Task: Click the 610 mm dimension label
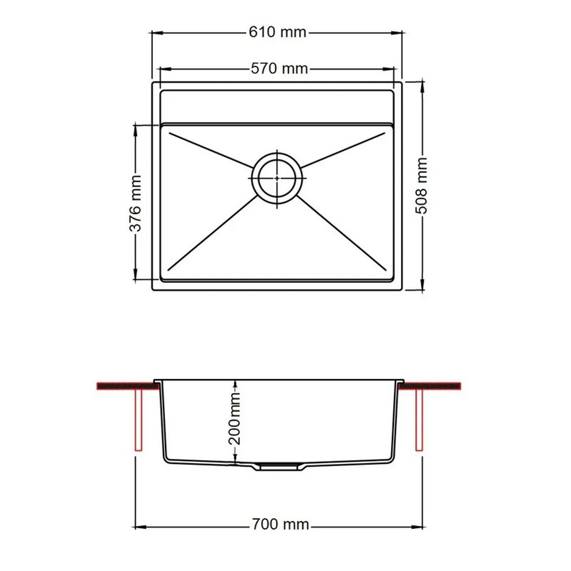coord(278,32)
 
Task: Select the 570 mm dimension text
coord(279,68)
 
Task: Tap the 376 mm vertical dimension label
coord(135,203)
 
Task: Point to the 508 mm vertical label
coord(421,185)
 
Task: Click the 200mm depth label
coord(235,418)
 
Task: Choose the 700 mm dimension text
coord(281,525)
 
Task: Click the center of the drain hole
coord(277,178)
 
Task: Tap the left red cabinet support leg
coord(138,420)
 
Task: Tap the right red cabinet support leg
coord(419,420)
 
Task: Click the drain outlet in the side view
coord(278,466)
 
